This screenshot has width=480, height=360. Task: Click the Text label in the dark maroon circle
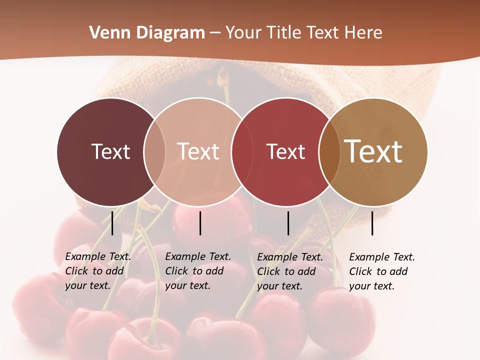110,151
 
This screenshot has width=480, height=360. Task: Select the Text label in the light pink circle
198,151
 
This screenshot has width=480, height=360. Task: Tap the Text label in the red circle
285,151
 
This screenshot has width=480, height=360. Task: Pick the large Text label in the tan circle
373,151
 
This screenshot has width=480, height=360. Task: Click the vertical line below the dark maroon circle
112,223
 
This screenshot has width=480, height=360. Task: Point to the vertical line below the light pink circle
200,223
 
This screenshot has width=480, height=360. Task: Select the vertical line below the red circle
288,223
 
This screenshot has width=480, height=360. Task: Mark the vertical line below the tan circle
372,223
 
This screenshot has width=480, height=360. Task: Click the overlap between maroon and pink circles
154,151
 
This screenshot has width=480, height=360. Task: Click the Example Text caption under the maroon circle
97,271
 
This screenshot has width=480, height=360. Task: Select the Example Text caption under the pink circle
197,271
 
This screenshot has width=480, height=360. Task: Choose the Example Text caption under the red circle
289,271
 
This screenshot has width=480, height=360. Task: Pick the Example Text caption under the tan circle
381,271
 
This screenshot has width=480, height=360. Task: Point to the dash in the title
215,33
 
